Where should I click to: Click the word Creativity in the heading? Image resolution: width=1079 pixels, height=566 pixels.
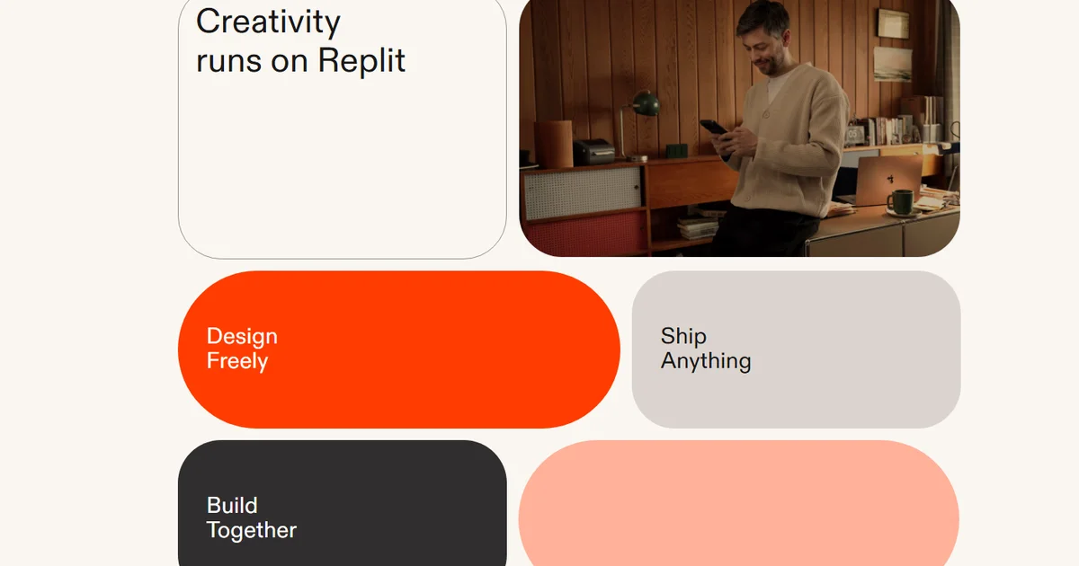coord(268,22)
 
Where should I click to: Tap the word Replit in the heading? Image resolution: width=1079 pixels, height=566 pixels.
coord(361,61)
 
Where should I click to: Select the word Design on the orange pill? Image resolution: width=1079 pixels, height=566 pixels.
coord(242,336)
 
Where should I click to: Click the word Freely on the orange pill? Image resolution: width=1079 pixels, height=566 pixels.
coord(237,361)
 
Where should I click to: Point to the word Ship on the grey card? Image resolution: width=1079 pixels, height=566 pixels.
coord(683,336)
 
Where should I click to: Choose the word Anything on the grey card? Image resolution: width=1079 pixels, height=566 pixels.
coord(706,361)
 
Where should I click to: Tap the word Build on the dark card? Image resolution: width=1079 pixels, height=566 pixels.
coord(232,505)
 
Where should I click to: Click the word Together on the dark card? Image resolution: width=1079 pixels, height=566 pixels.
coord(252,530)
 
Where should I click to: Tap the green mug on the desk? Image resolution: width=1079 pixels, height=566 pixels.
coord(900,201)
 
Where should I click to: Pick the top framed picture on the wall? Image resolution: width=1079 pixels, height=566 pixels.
coord(893,23)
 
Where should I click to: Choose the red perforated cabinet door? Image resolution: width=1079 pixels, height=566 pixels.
coord(584,235)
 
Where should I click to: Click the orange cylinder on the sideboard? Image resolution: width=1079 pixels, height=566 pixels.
coord(554,144)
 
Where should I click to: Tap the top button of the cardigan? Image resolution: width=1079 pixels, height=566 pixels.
coord(765,113)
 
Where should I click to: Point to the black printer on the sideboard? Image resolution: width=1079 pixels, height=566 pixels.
coord(594,151)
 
